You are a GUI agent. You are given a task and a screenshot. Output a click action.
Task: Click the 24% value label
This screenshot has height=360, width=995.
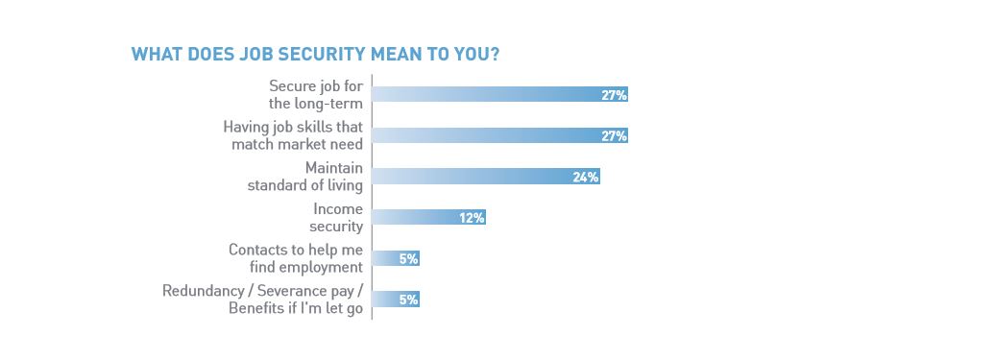coord(586,177)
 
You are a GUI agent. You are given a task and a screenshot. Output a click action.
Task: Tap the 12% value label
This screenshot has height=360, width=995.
coord(471,218)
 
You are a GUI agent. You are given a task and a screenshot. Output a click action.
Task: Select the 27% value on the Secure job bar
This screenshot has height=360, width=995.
coord(614,94)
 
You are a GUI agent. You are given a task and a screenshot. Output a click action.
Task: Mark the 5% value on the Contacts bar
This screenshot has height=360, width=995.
coord(408,258)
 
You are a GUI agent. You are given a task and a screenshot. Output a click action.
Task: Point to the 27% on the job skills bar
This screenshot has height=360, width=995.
coord(614,135)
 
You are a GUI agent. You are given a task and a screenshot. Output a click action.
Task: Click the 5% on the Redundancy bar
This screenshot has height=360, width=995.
coord(408,300)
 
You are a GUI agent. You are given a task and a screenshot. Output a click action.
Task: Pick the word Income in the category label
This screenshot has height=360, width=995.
coord(337,209)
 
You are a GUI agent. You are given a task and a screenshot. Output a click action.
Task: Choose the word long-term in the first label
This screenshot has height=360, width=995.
coord(329,103)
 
